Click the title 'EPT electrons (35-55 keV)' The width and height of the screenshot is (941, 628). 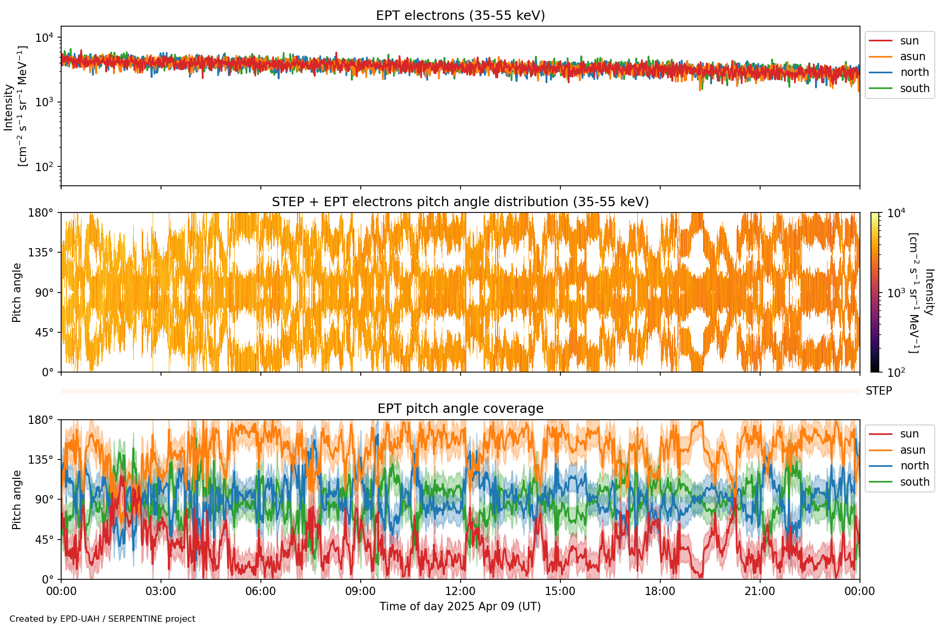click(x=460, y=16)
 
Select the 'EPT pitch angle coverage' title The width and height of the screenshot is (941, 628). click(x=460, y=409)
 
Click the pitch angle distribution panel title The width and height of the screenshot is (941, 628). click(x=460, y=202)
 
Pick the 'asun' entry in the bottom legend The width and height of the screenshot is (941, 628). click(x=912, y=450)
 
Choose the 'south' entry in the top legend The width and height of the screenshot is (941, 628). click(x=914, y=88)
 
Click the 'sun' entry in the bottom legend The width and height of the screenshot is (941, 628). click(x=909, y=434)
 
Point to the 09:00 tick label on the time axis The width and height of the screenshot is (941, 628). click(x=360, y=591)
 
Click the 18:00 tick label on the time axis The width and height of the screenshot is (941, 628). click(x=660, y=591)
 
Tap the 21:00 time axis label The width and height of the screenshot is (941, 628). click(x=760, y=591)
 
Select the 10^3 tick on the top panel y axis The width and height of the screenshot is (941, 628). click(x=44, y=102)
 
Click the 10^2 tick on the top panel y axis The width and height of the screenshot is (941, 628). click(x=44, y=167)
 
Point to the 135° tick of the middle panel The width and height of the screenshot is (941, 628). click(x=41, y=253)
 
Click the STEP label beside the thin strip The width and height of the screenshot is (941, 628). click(x=878, y=391)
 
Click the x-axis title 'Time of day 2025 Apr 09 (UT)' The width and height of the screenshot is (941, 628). click(x=460, y=607)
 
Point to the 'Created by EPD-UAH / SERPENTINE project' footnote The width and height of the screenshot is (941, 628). click(x=102, y=619)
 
